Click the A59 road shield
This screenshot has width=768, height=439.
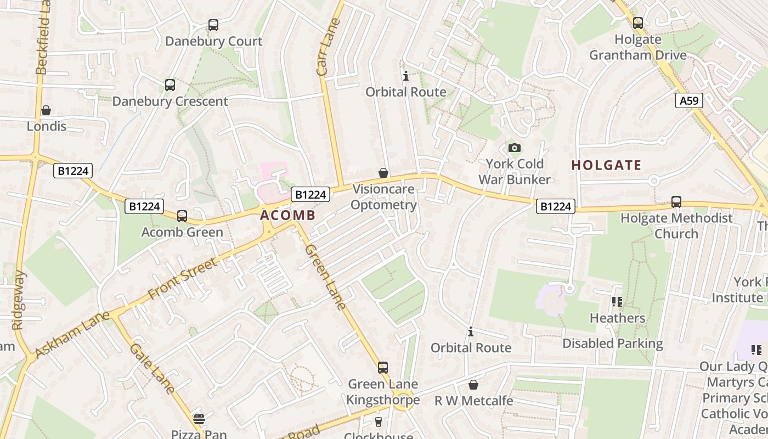point(689,100)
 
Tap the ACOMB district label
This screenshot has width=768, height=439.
point(288,215)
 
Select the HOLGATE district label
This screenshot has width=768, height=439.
point(606,165)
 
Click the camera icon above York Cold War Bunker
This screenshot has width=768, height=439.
point(514,148)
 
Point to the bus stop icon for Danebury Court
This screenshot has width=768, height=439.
point(213,25)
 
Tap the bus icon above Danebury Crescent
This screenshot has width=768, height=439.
point(170,85)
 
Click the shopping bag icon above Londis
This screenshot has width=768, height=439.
point(46,110)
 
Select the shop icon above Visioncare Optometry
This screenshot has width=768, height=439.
point(383,173)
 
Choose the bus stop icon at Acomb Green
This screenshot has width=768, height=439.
point(182,216)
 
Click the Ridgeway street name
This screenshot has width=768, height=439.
point(19,300)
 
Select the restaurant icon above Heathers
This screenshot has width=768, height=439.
point(617,302)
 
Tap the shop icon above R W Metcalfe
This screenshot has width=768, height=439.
point(473,385)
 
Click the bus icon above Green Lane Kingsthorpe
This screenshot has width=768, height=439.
point(383,368)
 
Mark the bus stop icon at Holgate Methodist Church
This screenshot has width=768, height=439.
point(676,202)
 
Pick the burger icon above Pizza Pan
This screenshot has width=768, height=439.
point(199,419)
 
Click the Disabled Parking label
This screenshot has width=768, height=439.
point(613,344)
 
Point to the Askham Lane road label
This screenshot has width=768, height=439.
point(65,336)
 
